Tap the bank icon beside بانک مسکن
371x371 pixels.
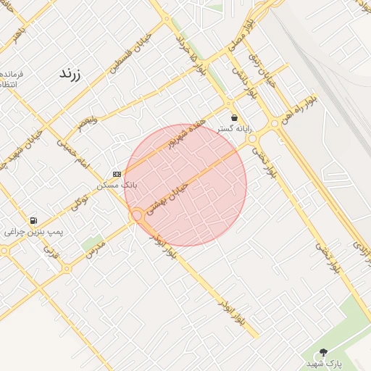point(117,174)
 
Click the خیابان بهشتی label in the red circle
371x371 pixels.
point(167,198)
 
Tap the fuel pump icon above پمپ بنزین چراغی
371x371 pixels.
point(33,220)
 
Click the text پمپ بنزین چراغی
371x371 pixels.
point(34,232)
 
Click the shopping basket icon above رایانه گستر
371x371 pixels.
point(234,117)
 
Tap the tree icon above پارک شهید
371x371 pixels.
point(323,352)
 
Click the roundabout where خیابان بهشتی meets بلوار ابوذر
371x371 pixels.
point(136,215)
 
